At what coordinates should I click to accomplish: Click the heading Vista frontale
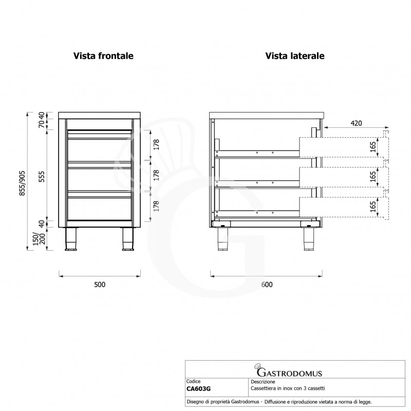(103, 56)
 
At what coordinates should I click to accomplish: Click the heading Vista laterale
(295, 56)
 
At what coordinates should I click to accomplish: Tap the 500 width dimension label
(100, 285)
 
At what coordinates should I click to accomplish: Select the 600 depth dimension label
(267, 285)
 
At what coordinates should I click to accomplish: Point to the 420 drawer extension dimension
(356, 123)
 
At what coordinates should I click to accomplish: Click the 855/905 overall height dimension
(23, 183)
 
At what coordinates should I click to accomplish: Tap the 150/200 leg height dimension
(39, 238)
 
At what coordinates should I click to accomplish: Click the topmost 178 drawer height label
(156, 145)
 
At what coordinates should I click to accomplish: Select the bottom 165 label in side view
(373, 207)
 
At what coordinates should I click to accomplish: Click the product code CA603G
(198, 389)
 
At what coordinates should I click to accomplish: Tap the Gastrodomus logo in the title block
(288, 370)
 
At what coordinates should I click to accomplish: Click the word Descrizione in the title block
(263, 382)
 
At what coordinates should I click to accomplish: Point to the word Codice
(194, 381)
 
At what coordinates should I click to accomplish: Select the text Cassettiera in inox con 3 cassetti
(288, 388)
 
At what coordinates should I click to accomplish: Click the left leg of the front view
(70, 239)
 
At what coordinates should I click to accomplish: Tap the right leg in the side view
(310, 239)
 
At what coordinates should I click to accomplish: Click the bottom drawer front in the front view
(100, 208)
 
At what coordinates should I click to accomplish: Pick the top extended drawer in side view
(344, 147)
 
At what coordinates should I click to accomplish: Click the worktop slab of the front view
(99, 115)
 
